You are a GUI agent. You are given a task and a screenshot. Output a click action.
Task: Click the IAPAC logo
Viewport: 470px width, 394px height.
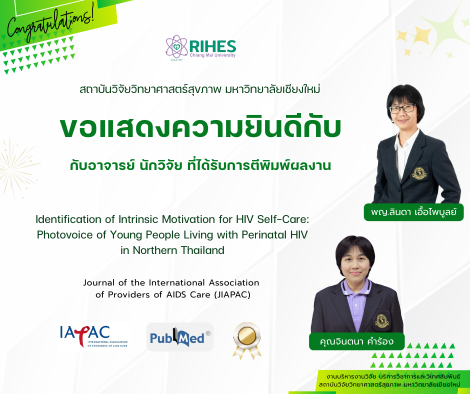93,336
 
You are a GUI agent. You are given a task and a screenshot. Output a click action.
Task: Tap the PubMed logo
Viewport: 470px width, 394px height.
179,336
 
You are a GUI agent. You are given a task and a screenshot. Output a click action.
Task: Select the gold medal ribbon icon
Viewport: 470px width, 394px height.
246,339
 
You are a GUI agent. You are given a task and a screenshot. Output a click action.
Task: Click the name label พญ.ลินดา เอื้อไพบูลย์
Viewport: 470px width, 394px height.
414,212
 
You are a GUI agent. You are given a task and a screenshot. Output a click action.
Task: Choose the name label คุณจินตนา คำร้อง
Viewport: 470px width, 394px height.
356,342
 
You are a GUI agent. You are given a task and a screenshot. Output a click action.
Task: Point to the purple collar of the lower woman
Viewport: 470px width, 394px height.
355,288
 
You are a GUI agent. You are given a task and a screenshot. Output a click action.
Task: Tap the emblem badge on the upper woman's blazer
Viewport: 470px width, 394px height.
418,173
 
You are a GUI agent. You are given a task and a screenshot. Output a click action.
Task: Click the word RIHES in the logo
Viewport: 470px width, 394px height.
212,46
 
